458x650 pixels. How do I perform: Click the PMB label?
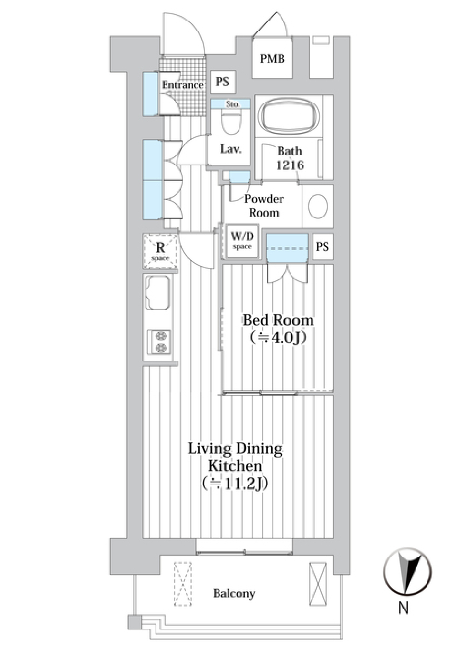pos(272,59)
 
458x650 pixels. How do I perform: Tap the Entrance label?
pos(183,85)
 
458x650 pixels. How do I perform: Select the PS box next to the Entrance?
pos(222,82)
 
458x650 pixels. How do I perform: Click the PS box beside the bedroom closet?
pos(323,247)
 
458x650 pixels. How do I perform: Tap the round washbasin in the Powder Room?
pos(318,206)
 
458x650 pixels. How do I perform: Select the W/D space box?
pos(242,241)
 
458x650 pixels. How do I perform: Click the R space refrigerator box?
pos(160,251)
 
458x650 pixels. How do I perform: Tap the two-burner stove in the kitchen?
pos(159,342)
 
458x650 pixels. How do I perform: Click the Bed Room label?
pos(278,320)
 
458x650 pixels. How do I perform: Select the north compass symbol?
pos(407,573)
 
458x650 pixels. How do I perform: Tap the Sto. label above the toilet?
pos(232,104)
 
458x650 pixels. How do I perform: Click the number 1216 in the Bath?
pos(290,165)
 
